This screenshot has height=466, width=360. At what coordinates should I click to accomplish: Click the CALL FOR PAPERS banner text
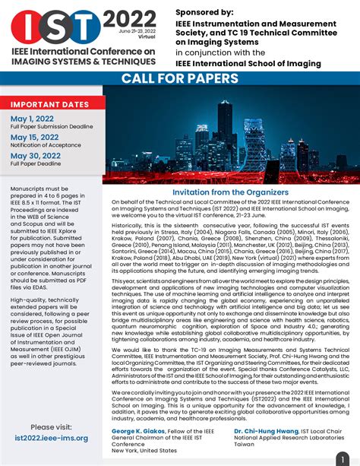tap(179, 79)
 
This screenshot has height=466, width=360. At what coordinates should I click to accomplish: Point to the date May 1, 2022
tap(33, 119)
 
